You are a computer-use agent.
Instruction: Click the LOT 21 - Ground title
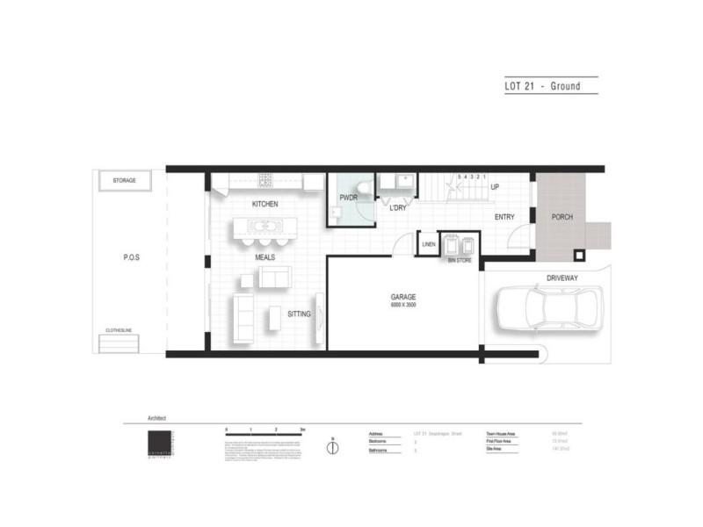point(542,86)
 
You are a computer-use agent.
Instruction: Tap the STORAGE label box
point(125,181)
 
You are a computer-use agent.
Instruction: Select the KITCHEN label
point(265,204)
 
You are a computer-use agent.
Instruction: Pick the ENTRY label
point(504,217)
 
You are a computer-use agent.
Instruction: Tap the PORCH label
point(562,217)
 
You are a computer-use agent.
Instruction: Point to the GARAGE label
point(404,297)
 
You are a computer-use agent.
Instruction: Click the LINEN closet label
point(429,244)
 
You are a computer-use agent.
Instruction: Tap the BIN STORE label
point(460,261)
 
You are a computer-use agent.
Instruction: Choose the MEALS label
point(266,258)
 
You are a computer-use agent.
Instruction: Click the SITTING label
point(299,314)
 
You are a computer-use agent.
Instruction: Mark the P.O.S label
point(132,258)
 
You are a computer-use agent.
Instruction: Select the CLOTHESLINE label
point(121,330)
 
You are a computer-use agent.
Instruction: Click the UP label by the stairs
point(495,187)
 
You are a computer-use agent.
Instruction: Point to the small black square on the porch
point(578,256)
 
